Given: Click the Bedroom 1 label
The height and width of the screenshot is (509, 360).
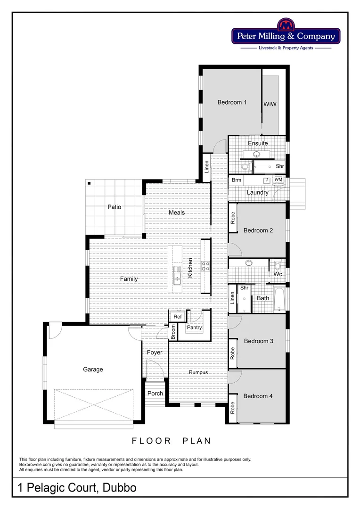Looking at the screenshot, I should [x=232, y=102].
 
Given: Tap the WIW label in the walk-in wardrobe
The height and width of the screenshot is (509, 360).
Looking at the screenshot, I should [x=270, y=104].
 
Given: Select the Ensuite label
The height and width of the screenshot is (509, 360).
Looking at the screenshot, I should [x=258, y=143].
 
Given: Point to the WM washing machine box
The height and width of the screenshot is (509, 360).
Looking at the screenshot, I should [x=278, y=180].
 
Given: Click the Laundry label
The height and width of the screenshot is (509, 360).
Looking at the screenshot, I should [x=258, y=192].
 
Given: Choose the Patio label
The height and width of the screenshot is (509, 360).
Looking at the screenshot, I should [x=114, y=207].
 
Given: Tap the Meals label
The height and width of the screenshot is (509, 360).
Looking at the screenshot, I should [x=177, y=213].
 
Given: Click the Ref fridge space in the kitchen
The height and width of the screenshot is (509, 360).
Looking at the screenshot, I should [x=178, y=317].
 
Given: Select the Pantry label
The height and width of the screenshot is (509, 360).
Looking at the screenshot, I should [x=194, y=327].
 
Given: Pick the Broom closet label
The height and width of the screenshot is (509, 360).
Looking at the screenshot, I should [x=173, y=332].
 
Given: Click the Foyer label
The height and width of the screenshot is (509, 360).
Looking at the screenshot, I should [x=155, y=352].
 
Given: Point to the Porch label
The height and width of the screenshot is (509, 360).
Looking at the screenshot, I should [x=155, y=393].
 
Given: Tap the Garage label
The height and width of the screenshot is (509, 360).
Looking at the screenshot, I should [x=93, y=369].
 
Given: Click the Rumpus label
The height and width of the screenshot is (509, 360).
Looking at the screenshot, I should [x=198, y=372].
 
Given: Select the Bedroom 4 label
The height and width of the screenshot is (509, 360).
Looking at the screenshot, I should [x=258, y=396].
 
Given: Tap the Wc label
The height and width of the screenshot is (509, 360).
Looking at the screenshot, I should [x=278, y=274].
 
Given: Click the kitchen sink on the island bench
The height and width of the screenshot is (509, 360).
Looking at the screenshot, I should [x=177, y=276].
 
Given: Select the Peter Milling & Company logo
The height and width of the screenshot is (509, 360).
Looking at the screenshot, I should [x=286, y=36].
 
